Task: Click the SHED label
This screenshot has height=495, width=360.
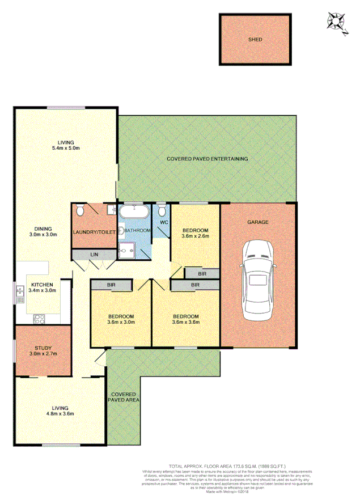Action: point(255,40)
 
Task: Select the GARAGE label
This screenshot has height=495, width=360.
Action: point(257,222)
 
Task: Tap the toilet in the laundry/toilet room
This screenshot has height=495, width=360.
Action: point(81,211)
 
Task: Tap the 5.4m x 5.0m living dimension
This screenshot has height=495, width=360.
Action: point(65,149)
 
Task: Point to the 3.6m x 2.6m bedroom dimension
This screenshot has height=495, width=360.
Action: point(196,236)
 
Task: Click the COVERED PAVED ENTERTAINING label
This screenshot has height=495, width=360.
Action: point(207,159)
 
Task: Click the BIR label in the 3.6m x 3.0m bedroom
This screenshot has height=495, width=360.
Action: point(112,285)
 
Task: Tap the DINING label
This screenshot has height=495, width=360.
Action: point(44,227)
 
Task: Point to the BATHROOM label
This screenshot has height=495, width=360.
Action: point(138,231)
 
